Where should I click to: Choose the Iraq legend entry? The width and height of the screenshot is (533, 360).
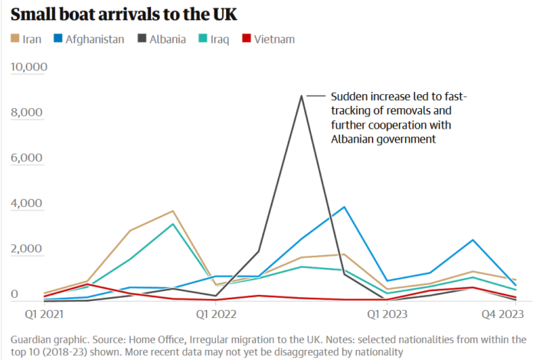pos(218,39)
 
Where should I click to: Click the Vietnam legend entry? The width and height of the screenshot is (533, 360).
pos(273,39)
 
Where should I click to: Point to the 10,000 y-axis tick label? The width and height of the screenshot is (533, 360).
pos(29,67)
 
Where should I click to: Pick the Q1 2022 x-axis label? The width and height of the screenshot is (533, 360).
pos(215,313)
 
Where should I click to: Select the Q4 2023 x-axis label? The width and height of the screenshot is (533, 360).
pos(502,313)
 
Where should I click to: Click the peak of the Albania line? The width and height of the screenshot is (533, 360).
pos(301,96)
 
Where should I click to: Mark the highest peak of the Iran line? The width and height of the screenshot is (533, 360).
pos(173,211)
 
